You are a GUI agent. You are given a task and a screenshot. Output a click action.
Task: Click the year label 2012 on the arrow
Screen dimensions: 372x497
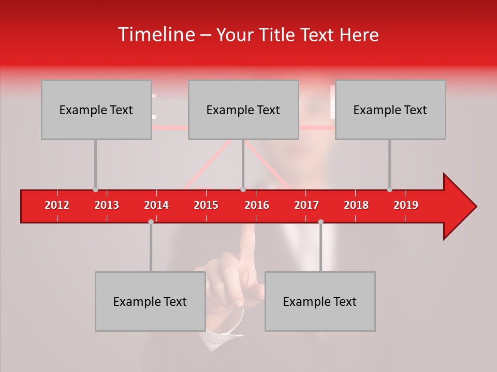point(57,205)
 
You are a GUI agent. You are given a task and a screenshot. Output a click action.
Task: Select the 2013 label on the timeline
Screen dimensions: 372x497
point(107,205)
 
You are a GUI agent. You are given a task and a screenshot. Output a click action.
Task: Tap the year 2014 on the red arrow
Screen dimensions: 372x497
point(156,205)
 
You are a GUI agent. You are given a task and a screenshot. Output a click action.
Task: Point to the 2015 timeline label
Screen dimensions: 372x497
point(206,205)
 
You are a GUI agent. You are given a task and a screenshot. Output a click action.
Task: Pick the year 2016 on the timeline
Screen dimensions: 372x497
point(257,205)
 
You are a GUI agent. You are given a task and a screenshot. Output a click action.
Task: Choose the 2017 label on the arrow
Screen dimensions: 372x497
point(306,205)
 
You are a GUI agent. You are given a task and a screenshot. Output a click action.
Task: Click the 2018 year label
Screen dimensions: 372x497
point(356,205)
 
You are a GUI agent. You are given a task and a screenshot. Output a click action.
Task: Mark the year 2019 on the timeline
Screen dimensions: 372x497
point(406,205)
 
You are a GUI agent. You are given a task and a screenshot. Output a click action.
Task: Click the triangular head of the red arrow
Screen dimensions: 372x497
point(459,207)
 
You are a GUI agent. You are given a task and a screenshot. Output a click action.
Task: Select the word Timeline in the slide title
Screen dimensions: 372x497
point(155,35)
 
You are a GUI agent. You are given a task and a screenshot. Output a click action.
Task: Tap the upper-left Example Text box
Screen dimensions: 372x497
point(96,110)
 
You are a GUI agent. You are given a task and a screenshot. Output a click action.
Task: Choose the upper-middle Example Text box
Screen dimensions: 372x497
point(243,110)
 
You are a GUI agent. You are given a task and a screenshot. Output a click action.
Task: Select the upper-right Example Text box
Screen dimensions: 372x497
point(390,110)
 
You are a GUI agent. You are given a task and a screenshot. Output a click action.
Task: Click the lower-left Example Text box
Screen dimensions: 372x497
point(150,301)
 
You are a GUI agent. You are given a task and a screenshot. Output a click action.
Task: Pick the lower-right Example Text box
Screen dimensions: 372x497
point(320,301)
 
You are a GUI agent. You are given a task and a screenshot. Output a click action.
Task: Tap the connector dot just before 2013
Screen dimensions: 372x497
point(95,190)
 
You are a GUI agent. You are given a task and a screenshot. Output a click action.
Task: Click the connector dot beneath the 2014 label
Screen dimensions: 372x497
point(151,222)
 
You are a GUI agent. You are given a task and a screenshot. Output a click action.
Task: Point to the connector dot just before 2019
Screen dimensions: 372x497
point(389,190)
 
